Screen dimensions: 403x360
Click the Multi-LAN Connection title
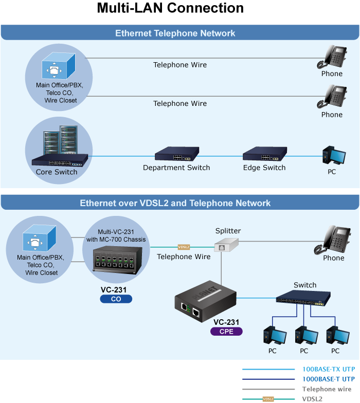click(170, 9)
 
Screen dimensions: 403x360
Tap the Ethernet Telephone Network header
click(175, 33)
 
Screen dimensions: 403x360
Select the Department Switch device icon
click(177, 154)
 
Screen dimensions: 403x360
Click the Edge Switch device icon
click(264, 154)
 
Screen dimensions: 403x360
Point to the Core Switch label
click(57, 172)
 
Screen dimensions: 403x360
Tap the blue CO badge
click(116, 299)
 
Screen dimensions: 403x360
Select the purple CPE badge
click(226, 332)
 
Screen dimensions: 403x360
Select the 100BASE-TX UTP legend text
click(328, 369)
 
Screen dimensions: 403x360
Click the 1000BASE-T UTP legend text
click(328, 379)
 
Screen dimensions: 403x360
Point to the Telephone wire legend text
click(327, 389)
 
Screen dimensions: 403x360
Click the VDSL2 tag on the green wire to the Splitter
click(184, 247)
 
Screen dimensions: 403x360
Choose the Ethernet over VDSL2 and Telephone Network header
click(175, 203)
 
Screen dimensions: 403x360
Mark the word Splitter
click(228, 231)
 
